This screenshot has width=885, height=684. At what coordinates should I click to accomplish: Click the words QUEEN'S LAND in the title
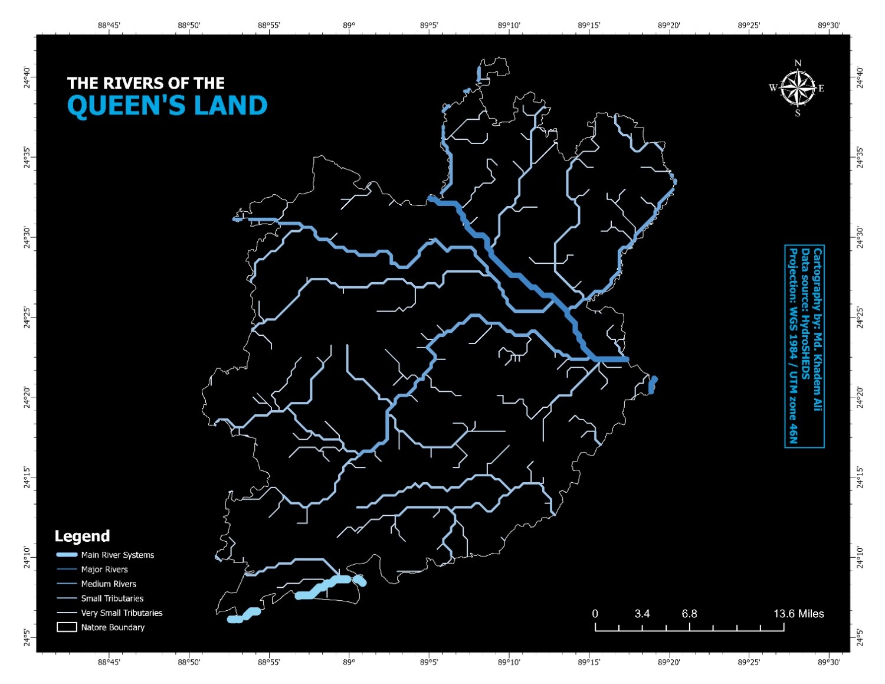(167, 106)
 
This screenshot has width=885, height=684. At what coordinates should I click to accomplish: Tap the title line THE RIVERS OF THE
(146, 83)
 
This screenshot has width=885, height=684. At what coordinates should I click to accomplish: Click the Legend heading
(82, 536)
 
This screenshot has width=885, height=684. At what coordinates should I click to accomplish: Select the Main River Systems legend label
(117, 555)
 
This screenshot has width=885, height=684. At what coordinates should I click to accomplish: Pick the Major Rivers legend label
(104, 570)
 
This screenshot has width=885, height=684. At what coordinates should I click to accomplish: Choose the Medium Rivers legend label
(109, 584)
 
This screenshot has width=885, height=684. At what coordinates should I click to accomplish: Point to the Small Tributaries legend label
(112, 598)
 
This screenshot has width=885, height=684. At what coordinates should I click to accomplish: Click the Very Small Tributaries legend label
(122, 613)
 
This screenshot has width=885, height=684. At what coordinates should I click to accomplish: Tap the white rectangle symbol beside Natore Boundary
(67, 627)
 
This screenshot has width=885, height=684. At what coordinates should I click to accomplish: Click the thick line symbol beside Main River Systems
(67, 555)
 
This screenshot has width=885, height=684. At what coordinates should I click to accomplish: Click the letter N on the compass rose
(798, 63)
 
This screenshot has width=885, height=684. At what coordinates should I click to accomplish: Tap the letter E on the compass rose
(821, 89)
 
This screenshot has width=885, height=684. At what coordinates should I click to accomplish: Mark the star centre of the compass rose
(797, 89)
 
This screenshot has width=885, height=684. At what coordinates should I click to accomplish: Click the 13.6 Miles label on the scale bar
(798, 614)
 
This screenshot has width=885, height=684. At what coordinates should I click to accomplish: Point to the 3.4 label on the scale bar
(642, 614)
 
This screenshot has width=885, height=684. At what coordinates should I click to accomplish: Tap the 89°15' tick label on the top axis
(589, 25)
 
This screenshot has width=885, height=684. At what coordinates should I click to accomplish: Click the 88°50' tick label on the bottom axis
(189, 662)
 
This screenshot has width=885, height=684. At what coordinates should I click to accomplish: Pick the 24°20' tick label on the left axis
(27, 397)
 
